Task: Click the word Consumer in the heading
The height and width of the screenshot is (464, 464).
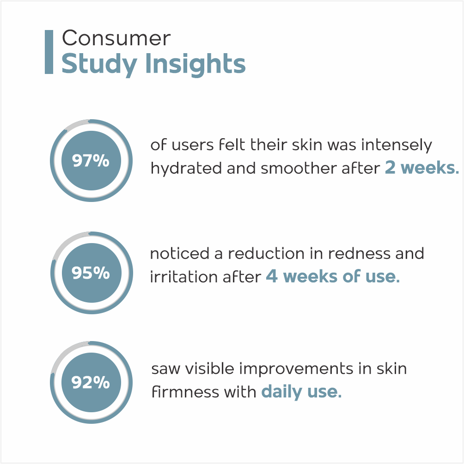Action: [x=116, y=38]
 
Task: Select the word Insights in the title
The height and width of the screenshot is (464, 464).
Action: [x=195, y=64]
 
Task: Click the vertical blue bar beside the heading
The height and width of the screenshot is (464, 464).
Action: [x=49, y=52]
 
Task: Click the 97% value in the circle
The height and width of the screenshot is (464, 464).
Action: [x=91, y=161]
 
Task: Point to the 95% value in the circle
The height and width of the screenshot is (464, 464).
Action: [x=91, y=273]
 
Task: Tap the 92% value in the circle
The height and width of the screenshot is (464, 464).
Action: [x=91, y=382]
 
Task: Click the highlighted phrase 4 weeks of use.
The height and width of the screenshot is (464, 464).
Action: [x=333, y=276]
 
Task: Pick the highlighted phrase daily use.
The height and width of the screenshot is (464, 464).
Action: [x=301, y=392]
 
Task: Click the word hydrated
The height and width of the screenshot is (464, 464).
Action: [x=186, y=168]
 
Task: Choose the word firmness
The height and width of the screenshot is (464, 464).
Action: [x=185, y=392]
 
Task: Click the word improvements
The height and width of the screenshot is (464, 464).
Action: [x=296, y=369]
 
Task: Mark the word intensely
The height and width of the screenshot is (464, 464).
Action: [x=397, y=145]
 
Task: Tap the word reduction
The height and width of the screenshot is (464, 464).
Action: [x=266, y=254]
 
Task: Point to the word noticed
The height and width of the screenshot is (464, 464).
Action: [x=180, y=254]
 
